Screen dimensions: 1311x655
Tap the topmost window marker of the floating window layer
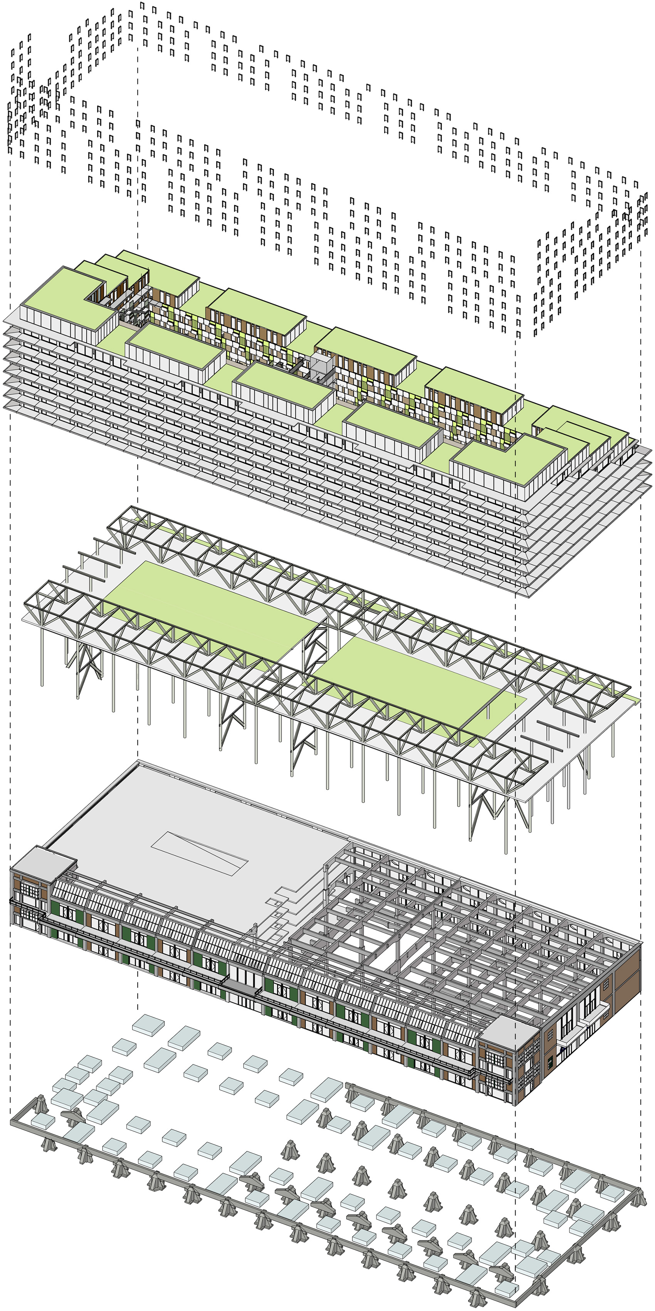[x=142, y=7]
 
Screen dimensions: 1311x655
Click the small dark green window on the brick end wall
[x=550, y=1062]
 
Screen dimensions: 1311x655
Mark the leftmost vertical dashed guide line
[x=10, y=509]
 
